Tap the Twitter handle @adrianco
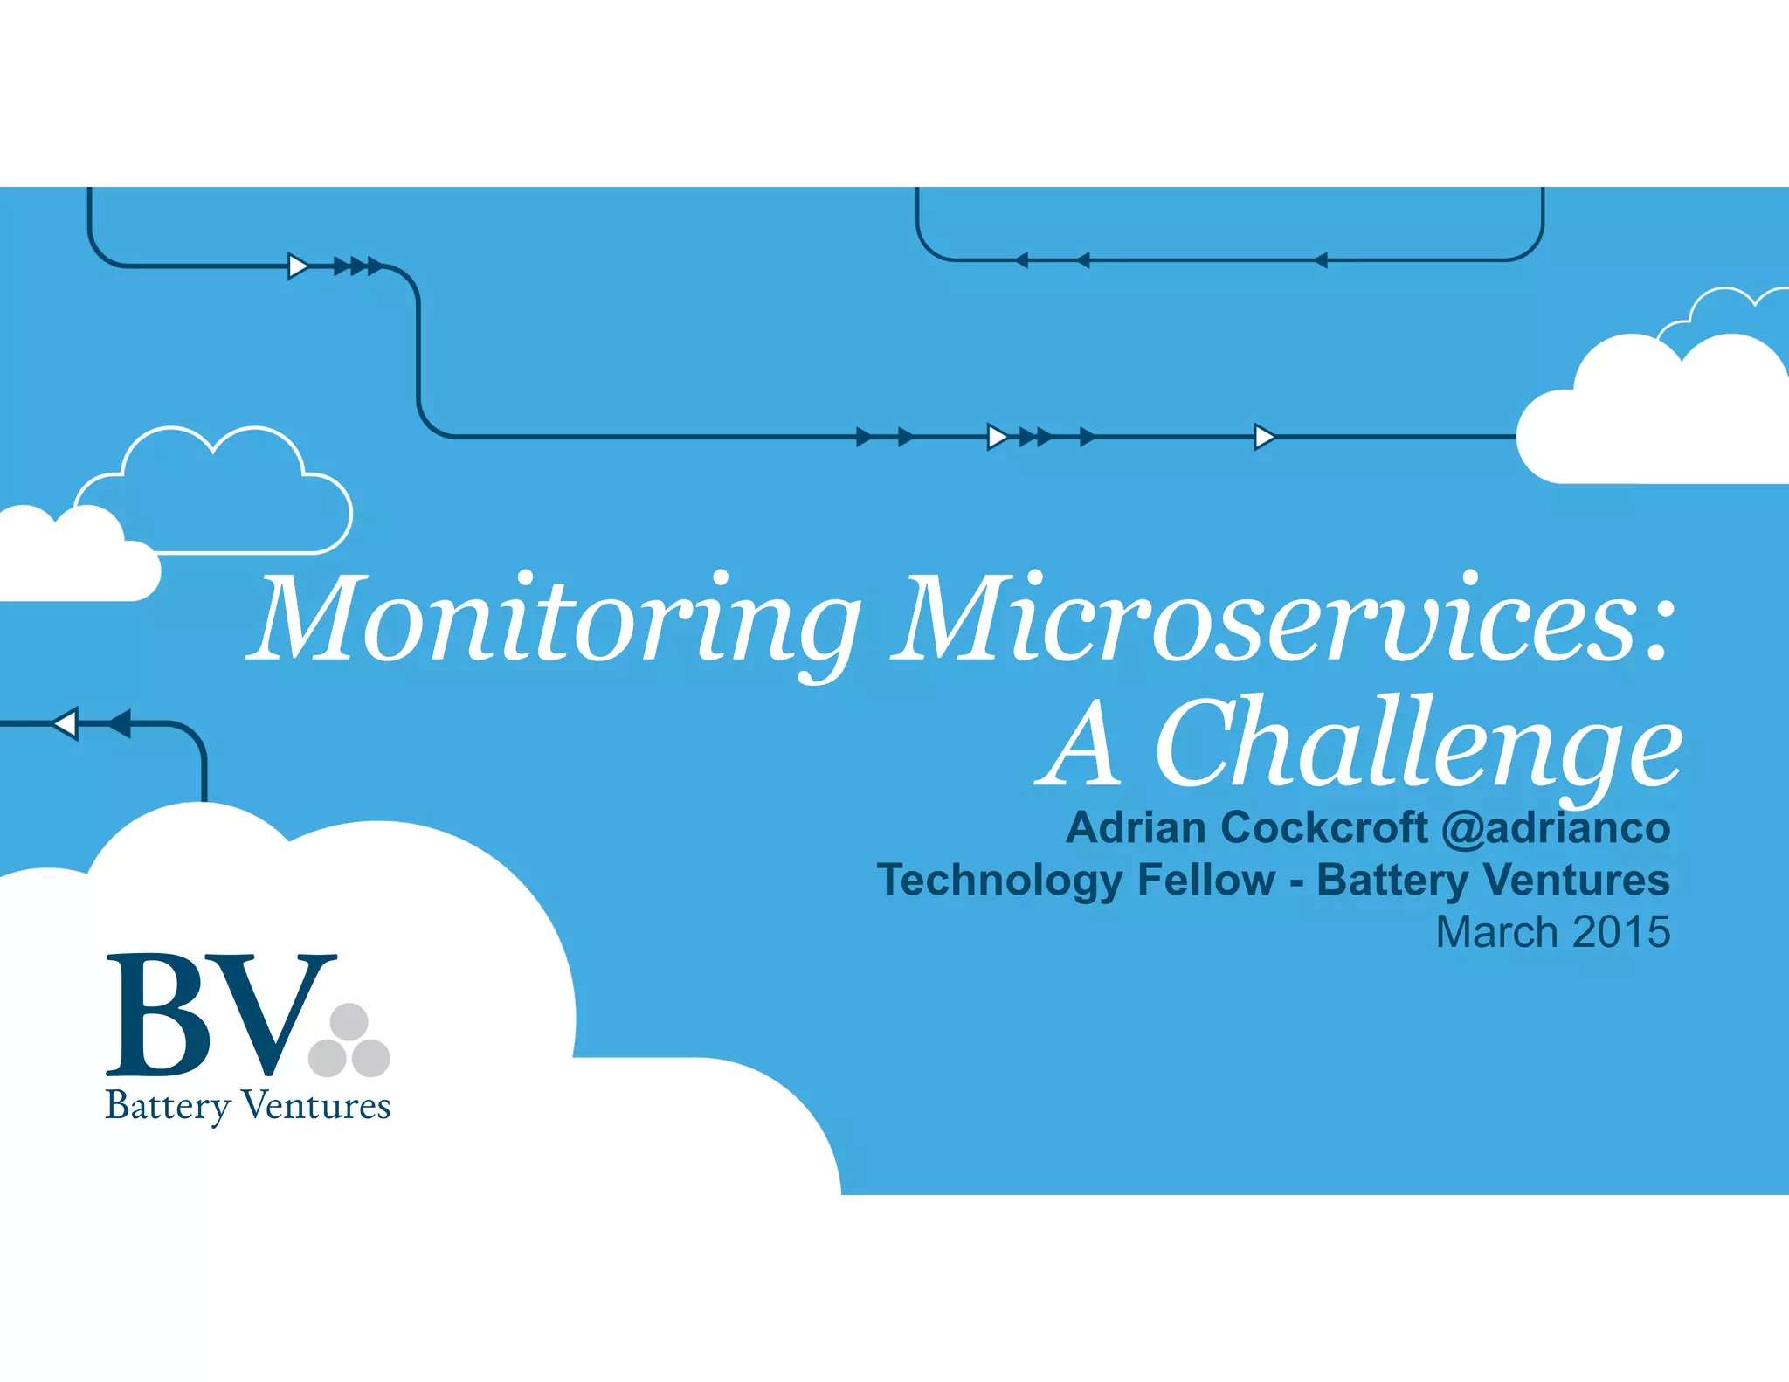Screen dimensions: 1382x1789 1556,827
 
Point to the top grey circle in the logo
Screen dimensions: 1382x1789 349,1021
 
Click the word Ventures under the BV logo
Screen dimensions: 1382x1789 315,1106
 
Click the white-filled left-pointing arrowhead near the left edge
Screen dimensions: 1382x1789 66,723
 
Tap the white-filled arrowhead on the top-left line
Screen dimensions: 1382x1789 298,266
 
